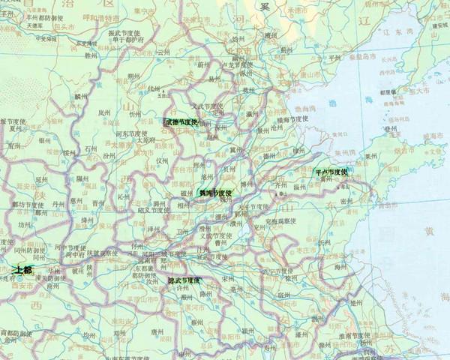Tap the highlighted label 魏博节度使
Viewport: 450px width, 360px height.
tap(215, 193)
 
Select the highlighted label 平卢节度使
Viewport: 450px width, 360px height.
tap(331, 172)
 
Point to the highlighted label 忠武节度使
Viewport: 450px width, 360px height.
tap(184, 280)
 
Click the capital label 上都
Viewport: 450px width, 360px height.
tap(22, 268)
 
